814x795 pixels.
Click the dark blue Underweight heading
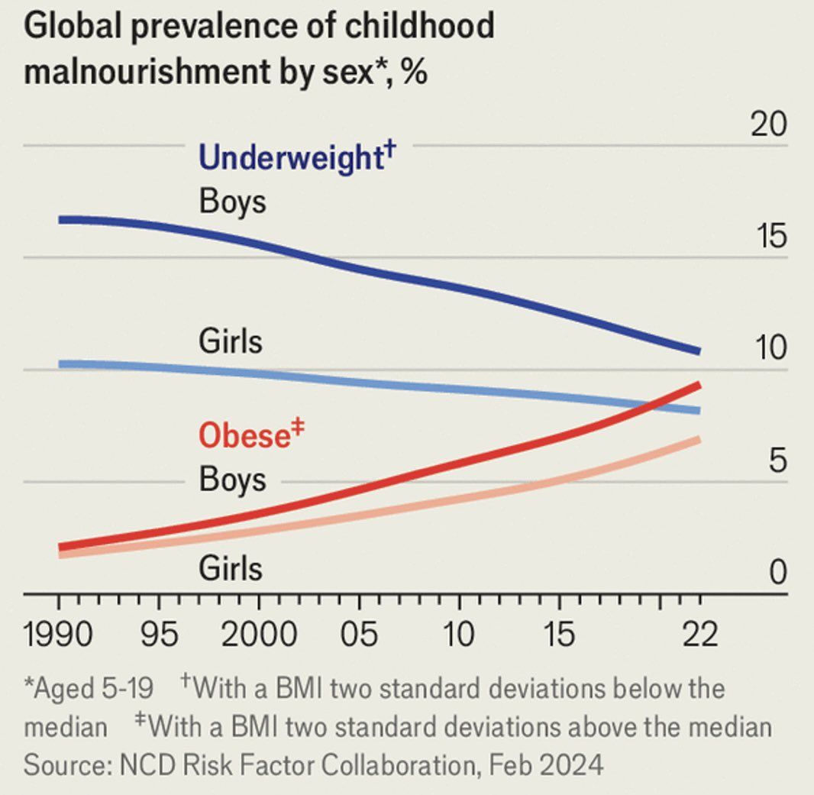[x=290, y=158]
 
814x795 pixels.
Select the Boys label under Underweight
[x=233, y=202]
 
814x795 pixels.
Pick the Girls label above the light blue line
[x=231, y=341]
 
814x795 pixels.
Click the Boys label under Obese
[x=233, y=480]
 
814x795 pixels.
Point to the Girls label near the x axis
[x=231, y=568]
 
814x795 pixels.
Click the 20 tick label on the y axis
[x=767, y=124]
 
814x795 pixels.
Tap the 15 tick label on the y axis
[x=767, y=237]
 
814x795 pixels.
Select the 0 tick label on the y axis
[x=777, y=572]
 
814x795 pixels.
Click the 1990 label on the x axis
[x=58, y=634]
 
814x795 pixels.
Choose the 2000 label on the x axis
[x=258, y=634]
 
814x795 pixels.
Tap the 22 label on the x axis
[x=699, y=634]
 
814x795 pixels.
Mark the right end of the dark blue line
[x=697, y=351]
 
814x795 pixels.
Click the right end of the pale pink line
[x=697, y=439]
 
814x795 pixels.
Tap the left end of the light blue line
[x=61, y=364]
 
